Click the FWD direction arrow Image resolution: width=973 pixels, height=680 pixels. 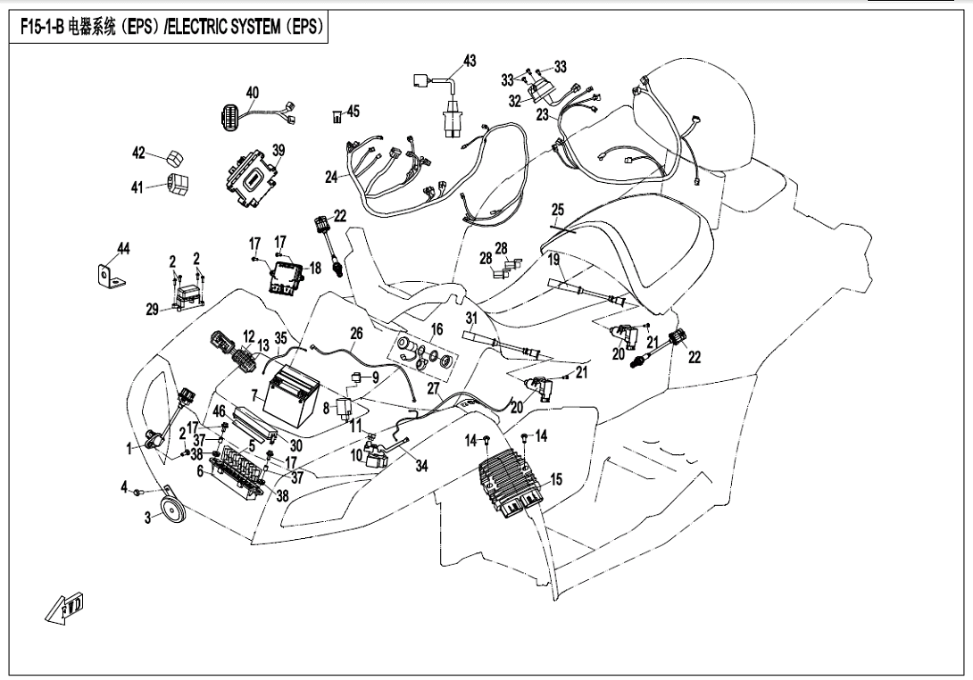click(x=65, y=607)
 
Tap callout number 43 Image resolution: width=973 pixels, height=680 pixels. click(x=470, y=61)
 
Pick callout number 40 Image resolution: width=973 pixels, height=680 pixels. click(x=252, y=94)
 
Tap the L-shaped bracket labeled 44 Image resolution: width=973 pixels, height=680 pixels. click(x=110, y=275)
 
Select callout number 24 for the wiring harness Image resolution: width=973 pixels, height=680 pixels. click(x=331, y=177)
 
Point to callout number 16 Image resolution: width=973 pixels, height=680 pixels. click(x=437, y=328)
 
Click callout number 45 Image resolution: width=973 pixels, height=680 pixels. click(x=353, y=111)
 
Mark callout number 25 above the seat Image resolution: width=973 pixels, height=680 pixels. click(x=557, y=210)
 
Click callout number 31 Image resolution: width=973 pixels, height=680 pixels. click(x=472, y=319)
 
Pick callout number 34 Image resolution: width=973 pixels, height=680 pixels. click(x=422, y=465)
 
